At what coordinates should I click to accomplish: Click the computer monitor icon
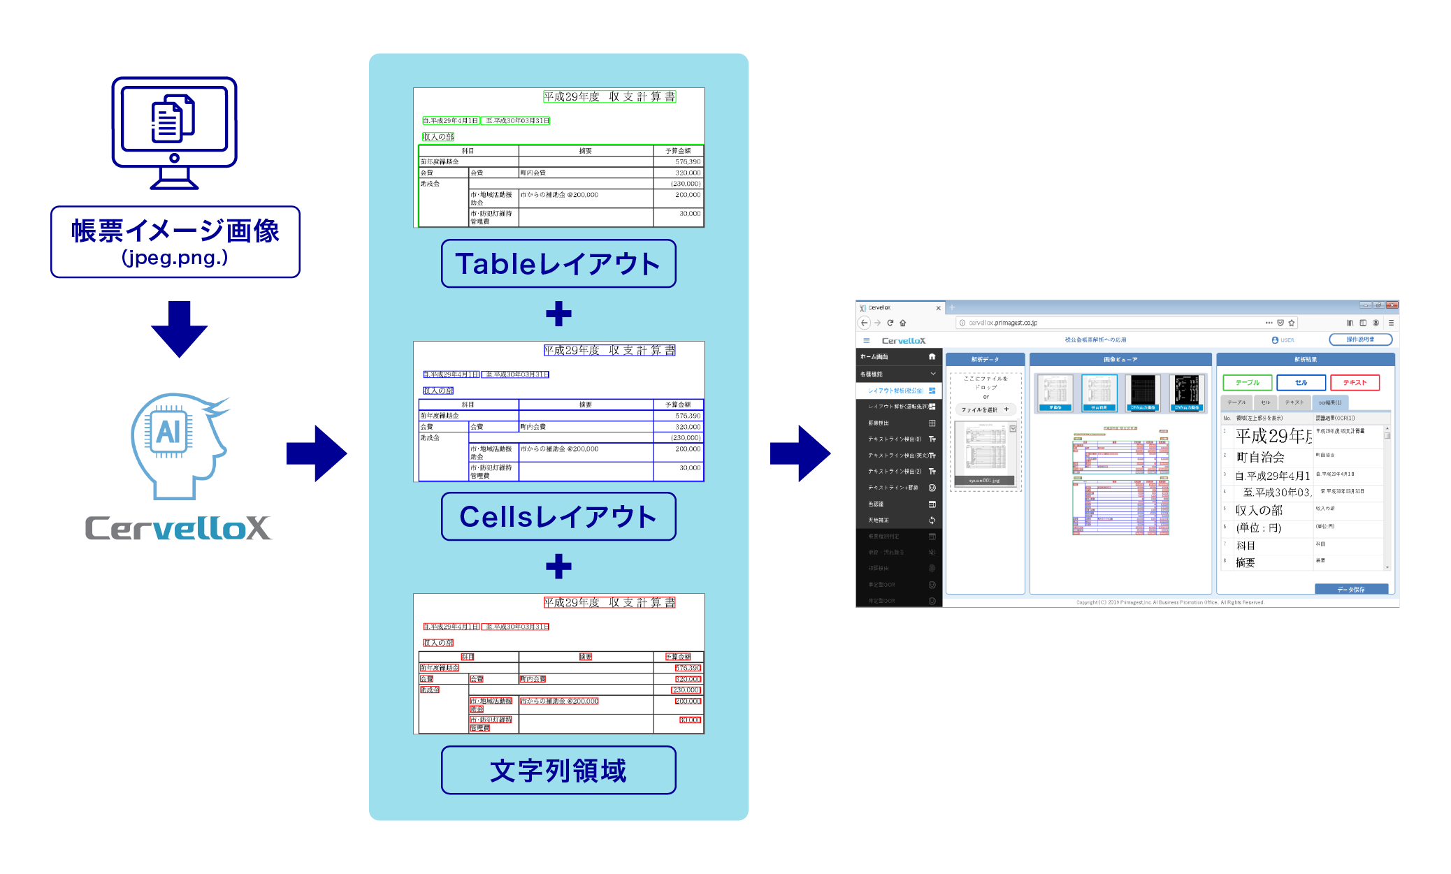tap(175, 132)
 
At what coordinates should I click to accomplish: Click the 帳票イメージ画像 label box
tap(175, 242)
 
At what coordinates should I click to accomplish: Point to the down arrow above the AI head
tap(179, 329)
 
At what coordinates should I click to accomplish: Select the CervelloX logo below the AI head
tap(178, 528)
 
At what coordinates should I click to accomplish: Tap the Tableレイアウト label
tap(558, 264)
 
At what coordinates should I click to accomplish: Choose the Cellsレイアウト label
tap(558, 517)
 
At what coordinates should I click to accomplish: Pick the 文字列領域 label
tap(558, 770)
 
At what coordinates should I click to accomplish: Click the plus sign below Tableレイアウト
tap(558, 314)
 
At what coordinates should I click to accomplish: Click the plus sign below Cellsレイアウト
tap(558, 566)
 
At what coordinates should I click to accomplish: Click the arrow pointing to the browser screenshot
tap(800, 453)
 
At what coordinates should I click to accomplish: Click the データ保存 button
tap(1351, 590)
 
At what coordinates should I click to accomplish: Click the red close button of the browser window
tap(1392, 305)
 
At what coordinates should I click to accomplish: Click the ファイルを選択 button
tap(985, 410)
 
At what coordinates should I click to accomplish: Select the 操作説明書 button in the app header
tap(1360, 340)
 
